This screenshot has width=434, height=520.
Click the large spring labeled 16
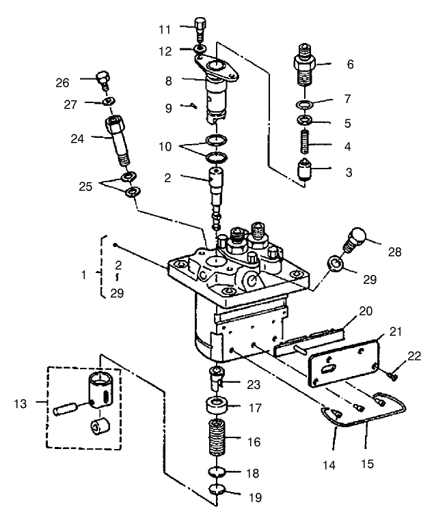coord(217,440)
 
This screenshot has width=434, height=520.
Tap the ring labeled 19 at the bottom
coord(217,489)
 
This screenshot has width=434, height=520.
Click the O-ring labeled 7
coord(303,104)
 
